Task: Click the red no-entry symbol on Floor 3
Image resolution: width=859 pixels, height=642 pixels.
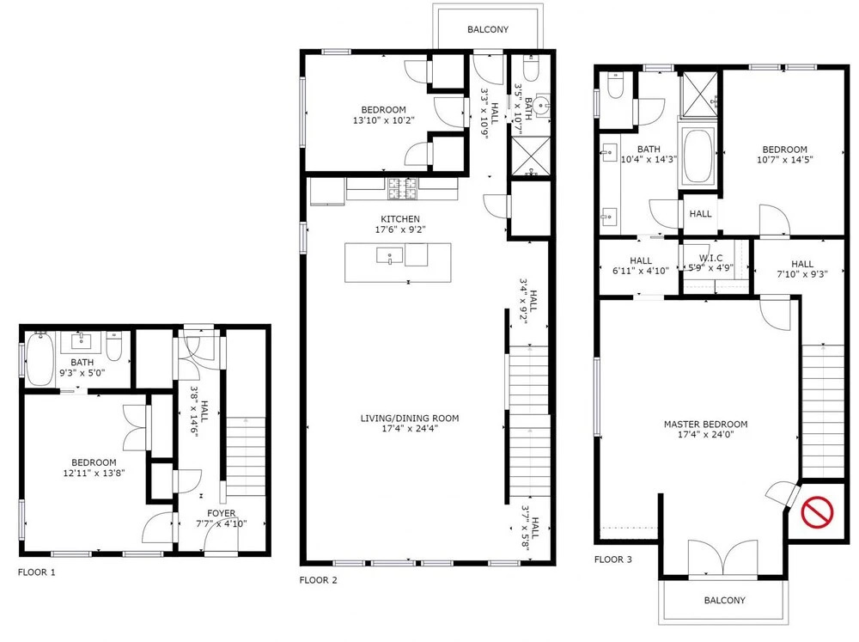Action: pos(817,512)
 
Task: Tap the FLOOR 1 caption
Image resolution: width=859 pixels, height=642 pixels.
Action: pos(37,572)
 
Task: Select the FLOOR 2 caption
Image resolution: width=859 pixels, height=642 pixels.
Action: pos(319,580)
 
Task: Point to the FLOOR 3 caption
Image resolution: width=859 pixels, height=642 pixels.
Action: pos(613,559)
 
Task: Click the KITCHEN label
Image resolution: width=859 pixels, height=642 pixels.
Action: pos(400,219)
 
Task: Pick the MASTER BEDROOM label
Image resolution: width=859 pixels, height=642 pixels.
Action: pos(705,424)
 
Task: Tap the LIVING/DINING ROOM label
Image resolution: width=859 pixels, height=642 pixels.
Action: pos(410,418)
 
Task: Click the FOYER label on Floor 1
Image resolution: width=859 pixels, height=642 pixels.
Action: pos(222,513)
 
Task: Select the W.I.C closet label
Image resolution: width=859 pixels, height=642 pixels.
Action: pos(711,258)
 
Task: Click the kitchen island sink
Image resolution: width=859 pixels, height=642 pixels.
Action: pos(389,255)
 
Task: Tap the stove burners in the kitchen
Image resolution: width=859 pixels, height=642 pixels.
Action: pos(402,188)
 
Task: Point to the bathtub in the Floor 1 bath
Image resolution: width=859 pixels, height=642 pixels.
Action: pos(40,358)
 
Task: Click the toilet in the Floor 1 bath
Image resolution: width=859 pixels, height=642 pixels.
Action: pos(114,346)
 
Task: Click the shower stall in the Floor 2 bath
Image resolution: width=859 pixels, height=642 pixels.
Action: pos(530,156)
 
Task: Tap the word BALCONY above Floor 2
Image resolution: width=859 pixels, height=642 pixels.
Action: pos(488,29)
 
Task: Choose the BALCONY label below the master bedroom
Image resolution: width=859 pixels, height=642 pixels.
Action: pos(724,600)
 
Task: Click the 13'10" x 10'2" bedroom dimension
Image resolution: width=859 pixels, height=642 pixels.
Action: pos(383,120)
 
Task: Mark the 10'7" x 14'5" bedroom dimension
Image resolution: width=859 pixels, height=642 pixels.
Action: pos(784,160)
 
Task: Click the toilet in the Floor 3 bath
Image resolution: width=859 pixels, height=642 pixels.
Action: pos(616,85)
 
